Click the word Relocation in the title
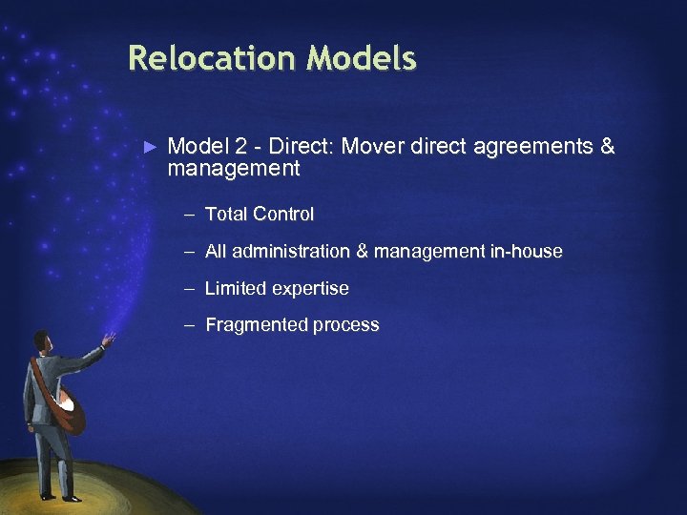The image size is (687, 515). tap(212, 59)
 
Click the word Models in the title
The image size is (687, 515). tap(362, 59)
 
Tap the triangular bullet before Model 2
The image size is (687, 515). tap(149, 147)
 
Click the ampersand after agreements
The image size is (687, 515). tap(608, 147)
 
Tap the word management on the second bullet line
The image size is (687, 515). tap(234, 170)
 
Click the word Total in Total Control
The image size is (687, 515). tap(226, 215)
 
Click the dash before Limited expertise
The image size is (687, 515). tap(191, 288)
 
